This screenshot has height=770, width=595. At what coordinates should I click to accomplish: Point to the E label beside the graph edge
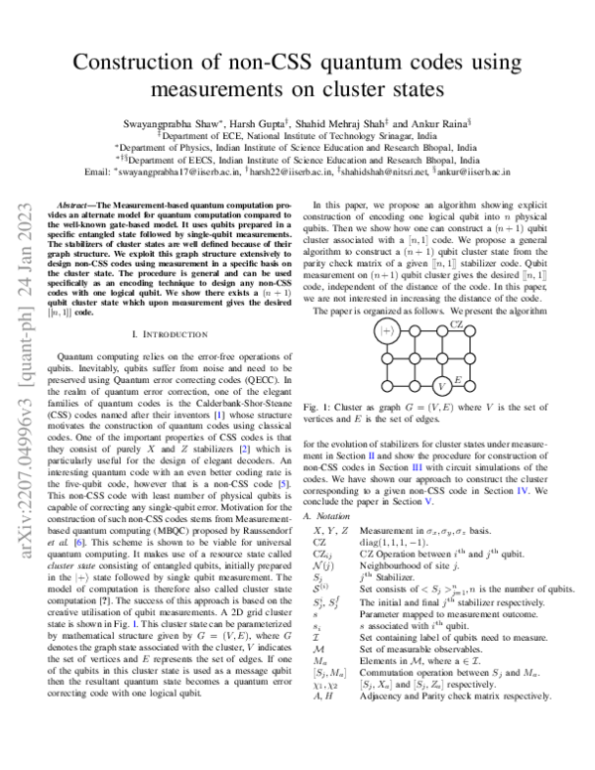(455, 378)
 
